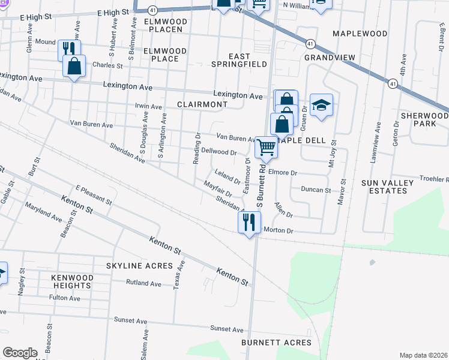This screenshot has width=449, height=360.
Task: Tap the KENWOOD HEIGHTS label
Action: click(72, 282)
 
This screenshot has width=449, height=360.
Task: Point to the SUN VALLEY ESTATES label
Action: click(388, 187)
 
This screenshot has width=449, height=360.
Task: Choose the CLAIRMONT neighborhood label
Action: click(202, 104)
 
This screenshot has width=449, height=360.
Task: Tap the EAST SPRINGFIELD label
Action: click(239, 59)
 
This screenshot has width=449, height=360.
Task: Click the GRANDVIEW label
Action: click(330, 58)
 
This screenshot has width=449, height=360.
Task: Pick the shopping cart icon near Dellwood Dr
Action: click(267, 146)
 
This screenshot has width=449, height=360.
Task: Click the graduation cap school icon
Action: click(321, 106)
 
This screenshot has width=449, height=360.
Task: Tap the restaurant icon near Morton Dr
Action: click(248, 222)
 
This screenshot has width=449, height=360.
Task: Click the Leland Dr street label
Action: click(228, 178)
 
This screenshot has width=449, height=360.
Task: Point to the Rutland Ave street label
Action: click(144, 283)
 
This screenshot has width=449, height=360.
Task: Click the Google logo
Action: click(20, 353)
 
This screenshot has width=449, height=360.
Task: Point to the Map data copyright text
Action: click(423, 355)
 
